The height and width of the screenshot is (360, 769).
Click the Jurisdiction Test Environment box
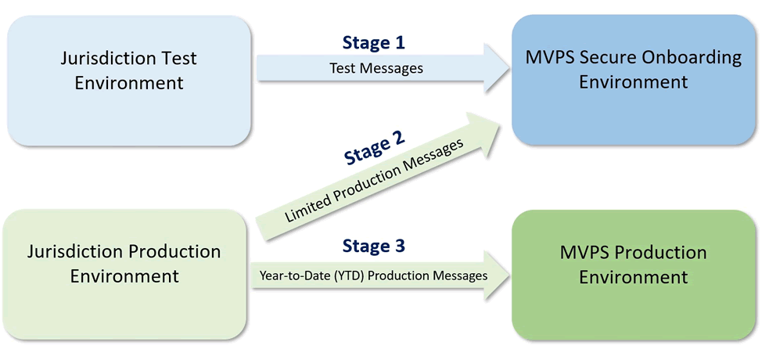[129, 81]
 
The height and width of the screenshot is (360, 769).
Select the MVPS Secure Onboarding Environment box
[634, 81]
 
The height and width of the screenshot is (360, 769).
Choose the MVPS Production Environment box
[634, 274]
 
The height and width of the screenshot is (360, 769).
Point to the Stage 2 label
[374, 147]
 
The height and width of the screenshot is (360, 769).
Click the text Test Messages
[376, 68]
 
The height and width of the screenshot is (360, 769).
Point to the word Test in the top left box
[180, 58]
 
